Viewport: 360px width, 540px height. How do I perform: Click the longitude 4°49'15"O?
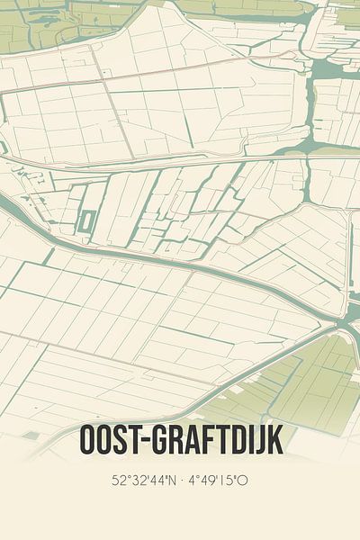216,481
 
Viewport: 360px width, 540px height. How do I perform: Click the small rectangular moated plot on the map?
86,220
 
